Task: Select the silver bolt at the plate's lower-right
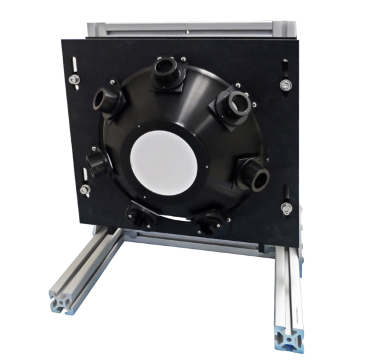[x=286, y=207]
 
